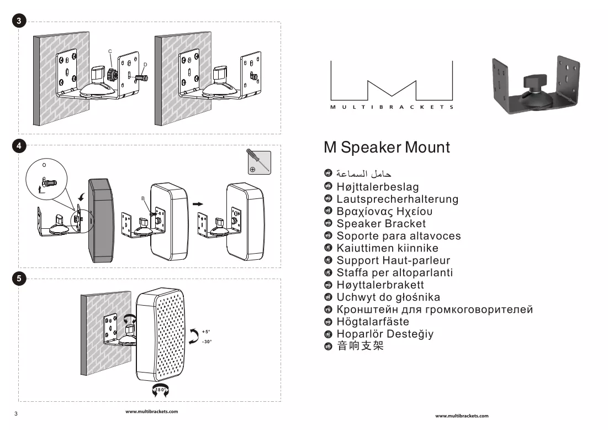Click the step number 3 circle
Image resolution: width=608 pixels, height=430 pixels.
click(x=19, y=20)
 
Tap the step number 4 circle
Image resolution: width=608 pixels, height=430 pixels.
click(x=19, y=146)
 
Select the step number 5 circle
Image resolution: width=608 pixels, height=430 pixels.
click(x=19, y=278)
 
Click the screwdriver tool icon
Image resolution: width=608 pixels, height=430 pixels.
click(x=258, y=162)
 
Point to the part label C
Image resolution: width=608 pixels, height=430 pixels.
click(x=110, y=51)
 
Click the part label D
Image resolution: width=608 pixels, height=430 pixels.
click(x=145, y=65)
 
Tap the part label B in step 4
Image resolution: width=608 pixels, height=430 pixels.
click(x=142, y=198)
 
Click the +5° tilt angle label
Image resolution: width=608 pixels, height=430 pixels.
click(x=207, y=332)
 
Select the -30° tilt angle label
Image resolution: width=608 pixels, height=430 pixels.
click(x=207, y=342)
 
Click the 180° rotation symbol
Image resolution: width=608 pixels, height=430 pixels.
click(x=161, y=390)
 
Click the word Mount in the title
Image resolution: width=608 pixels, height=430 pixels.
click(x=427, y=148)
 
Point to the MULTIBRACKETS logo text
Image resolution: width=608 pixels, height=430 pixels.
click(x=392, y=107)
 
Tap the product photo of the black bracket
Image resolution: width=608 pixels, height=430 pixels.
click(x=536, y=85)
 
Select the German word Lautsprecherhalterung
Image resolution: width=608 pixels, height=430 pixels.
click(x=398, y=199)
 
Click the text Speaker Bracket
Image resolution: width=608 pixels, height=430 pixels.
click(x=381, y=223)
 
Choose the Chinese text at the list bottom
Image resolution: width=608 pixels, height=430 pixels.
click(x=360, y=346)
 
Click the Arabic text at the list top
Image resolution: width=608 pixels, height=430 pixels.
click(x=364, y=174)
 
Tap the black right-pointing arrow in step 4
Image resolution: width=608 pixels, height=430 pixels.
click(x=198, y=204)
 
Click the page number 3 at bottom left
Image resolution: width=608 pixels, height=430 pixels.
click(x=16, y=414)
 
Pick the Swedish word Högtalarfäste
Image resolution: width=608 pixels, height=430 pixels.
click(x=373, y=322)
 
